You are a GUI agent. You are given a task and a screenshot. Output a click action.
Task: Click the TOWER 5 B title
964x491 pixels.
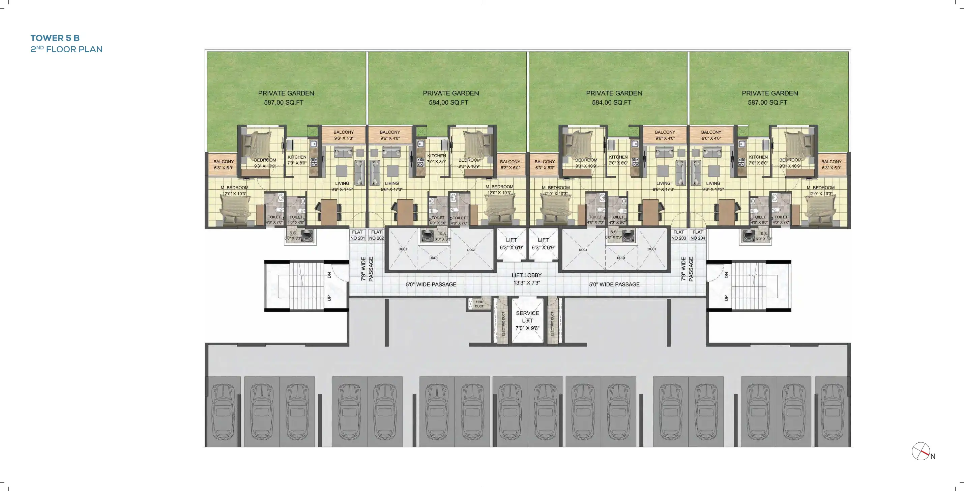click(x=55, y=38)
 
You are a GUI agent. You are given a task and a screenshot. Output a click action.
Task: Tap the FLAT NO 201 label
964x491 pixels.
click(x=357, y=235)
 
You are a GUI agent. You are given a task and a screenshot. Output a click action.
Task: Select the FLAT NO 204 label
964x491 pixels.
click(x=698, y=235)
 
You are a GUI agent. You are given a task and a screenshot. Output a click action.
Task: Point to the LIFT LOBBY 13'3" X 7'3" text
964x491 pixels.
click(x=527, y=279)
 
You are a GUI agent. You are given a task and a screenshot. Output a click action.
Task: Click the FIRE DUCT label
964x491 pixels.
click(x=479, y=304)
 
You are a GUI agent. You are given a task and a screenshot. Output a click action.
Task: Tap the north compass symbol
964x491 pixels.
click(x=921, y=451)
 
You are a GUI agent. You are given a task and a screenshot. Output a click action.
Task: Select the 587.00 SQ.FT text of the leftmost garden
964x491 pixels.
click(x=284, y=102)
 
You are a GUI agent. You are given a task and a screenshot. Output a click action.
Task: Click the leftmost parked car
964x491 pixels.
click(x=223, y=412)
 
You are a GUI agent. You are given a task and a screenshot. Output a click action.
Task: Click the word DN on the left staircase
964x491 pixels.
click(x=329, y=275)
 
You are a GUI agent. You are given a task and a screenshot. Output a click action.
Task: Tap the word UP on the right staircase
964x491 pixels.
click(x=726, y=298)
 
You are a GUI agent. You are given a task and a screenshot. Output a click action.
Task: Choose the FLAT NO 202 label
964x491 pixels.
click(x=377, y=235)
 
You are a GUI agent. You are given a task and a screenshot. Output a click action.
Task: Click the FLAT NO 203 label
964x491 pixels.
click(x=678, y=235)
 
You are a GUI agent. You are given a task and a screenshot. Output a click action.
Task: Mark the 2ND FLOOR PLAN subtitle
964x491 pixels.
click(x=66, y=49)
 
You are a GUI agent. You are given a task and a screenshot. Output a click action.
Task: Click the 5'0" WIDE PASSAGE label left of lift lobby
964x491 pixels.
click(x=431, y=284)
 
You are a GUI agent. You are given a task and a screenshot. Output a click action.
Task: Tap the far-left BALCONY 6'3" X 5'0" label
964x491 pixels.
click(x=224, y=165)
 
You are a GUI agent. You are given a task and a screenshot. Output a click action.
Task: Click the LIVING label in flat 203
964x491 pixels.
click(x=663, y=186)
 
